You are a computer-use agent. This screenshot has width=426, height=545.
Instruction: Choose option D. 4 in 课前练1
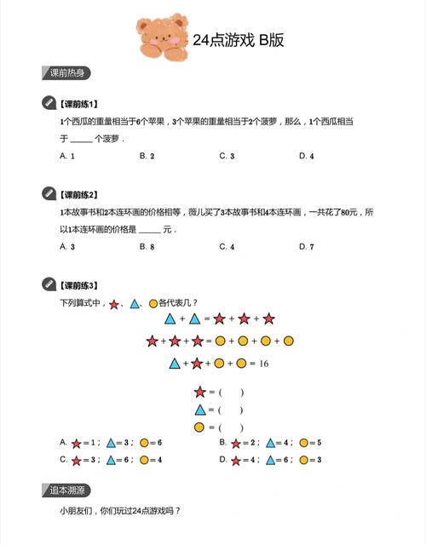click(x=307, y=156)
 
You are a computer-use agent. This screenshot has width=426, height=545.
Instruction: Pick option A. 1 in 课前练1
click(x=67, y=156)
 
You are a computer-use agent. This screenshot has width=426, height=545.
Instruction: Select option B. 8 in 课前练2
click(x=147, y=246)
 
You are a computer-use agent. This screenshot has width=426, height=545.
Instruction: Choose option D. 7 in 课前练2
click(x=307, y=246)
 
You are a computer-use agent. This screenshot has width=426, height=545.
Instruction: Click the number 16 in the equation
click(x=263, y=363)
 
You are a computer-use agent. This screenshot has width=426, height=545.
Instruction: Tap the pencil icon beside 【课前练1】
click(x=49, y=103)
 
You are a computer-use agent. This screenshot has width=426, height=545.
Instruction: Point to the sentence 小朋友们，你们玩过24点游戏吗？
click(x=120, y=512)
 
